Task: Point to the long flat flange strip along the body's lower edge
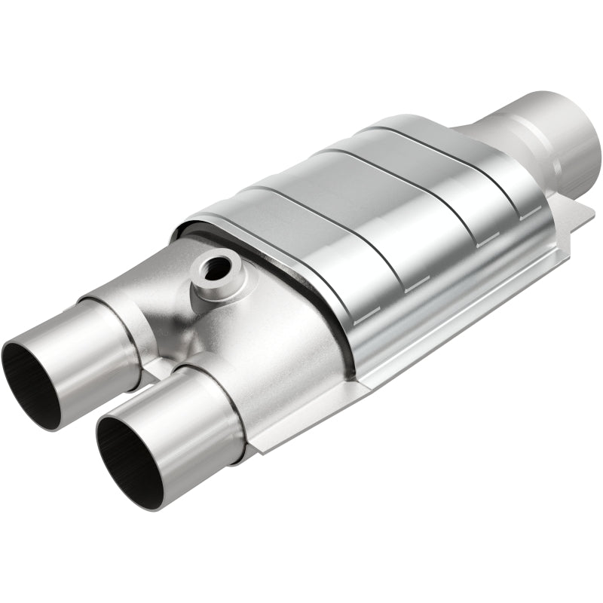tap(422, 354)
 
